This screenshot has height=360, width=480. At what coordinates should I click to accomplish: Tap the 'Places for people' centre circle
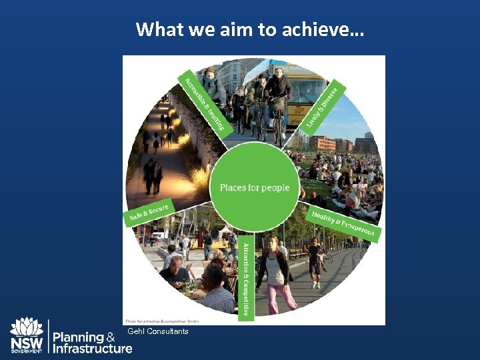pos(254,187)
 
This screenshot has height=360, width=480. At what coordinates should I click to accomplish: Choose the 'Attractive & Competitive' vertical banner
pos(245,277)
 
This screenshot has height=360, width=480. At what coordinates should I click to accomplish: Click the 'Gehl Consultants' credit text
pos(157,331)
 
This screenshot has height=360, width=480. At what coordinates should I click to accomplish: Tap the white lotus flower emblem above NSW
pos(27,326)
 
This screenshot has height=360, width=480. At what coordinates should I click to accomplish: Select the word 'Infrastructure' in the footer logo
pos(92,348)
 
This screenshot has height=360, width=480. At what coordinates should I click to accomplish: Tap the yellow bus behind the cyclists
pos(307,93)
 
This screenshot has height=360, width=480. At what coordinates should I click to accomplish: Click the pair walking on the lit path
pos(153,175)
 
